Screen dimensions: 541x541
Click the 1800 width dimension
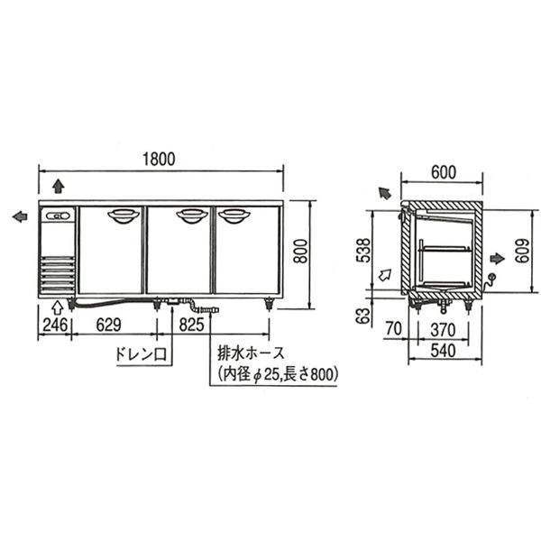click(x=159, y=159)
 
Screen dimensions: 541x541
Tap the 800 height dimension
click(x=301, y=251)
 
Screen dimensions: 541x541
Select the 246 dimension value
click(x=55, y=325)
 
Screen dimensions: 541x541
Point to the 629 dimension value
click(x=109, y=325)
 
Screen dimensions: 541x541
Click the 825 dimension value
click(x=192, y=325)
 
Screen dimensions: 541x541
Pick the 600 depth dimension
click(x=444, y=172)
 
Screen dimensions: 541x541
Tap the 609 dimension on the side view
click(x=523, y=251)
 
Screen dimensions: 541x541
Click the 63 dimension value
click(x=363, y=315)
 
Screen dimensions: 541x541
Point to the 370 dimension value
click(x=443, y=330)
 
